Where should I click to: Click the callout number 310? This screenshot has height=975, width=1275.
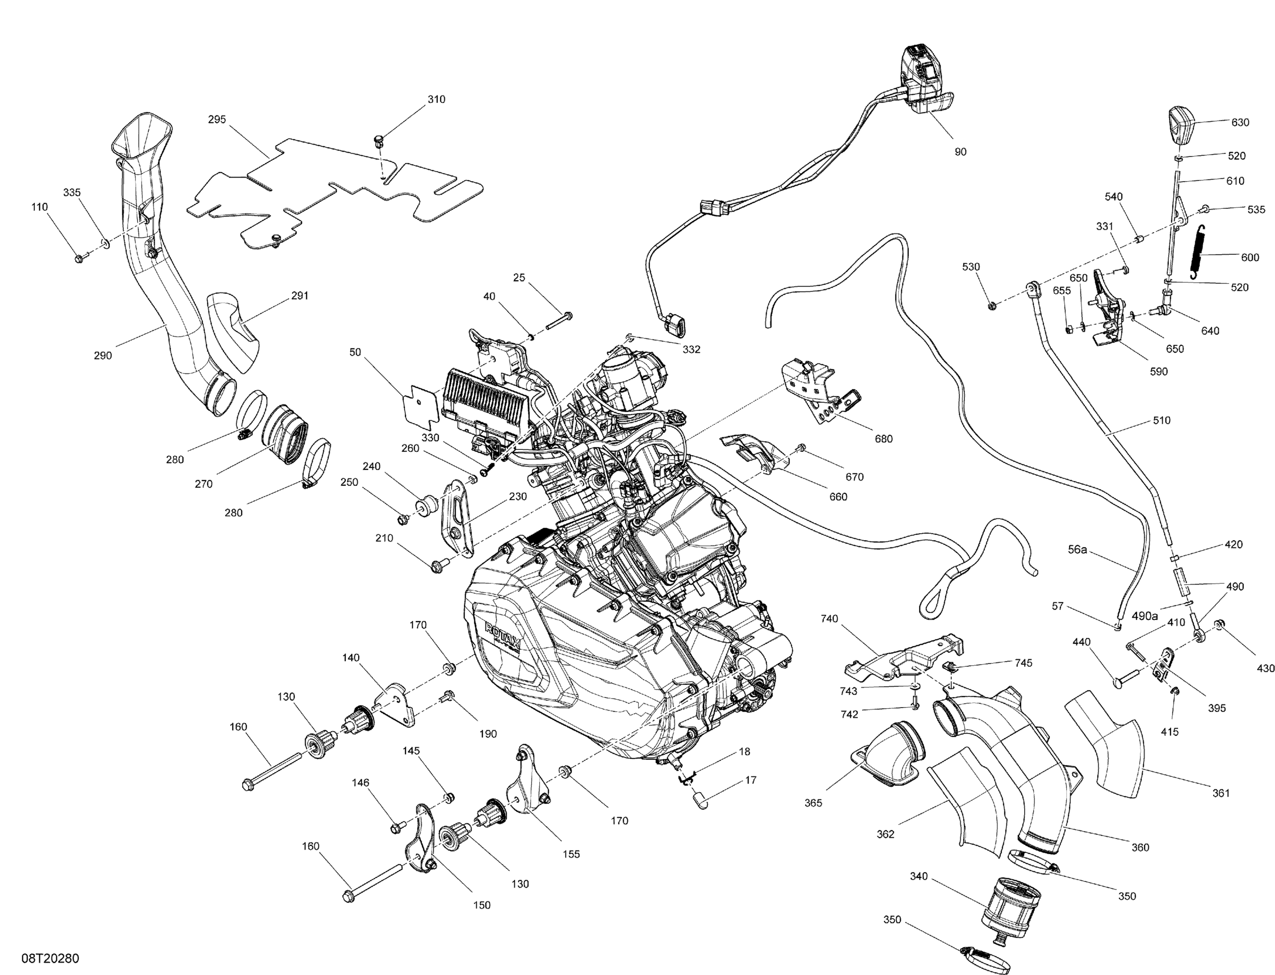[x=436, y=99]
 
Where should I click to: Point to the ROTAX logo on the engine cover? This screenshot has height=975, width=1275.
[x=503, y=636]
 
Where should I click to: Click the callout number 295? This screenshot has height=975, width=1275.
[x=217, y=119]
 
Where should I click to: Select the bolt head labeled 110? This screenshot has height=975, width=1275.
[x=80, y=258]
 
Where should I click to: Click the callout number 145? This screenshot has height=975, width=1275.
[x=411, y=751]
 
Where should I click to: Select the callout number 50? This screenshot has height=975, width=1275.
[x=355, y=352]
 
